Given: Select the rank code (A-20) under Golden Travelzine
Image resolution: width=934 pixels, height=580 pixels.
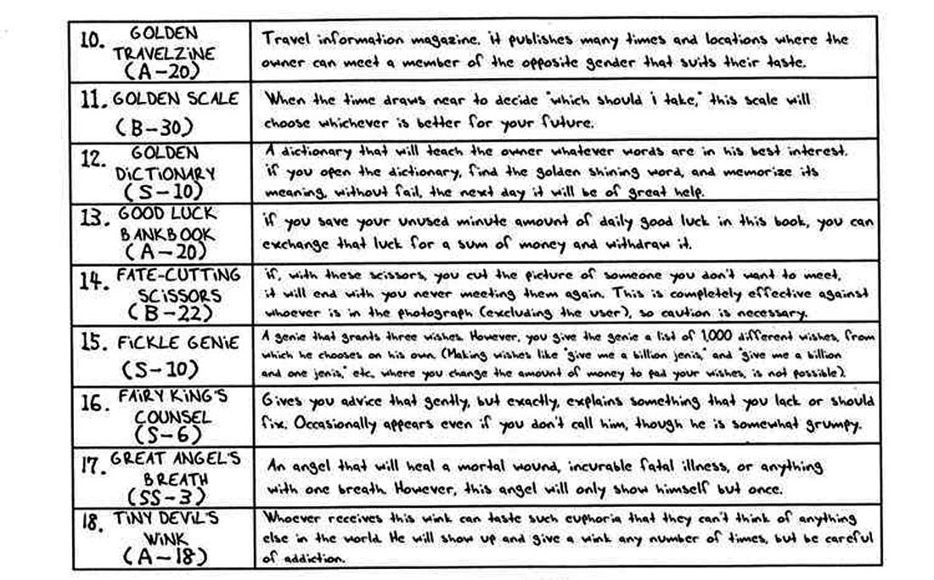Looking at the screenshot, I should [164, 70].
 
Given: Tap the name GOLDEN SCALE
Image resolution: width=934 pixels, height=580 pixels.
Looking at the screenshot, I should [176, 99].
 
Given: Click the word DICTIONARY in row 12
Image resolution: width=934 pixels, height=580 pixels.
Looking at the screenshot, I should [165, 172].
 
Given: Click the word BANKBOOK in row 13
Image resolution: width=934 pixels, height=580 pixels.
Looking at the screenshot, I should [169, 233].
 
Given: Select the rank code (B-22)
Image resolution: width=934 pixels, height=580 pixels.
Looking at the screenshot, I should [162, 313].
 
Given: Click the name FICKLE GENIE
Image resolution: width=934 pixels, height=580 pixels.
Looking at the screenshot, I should [179, 344].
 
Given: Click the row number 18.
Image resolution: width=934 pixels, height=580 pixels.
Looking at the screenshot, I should [92, 522].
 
